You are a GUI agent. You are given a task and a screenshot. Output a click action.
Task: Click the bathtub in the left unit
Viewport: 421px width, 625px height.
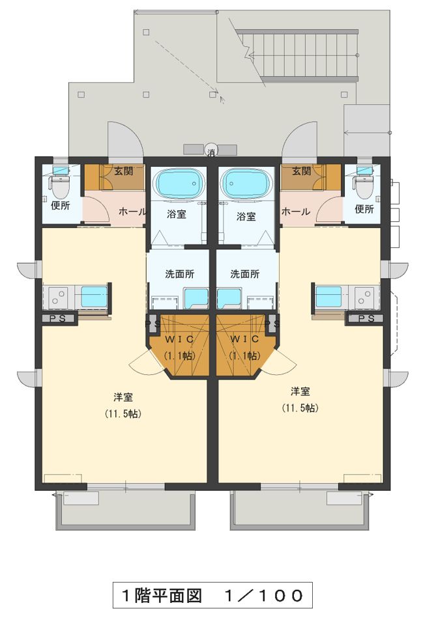pos(179,183)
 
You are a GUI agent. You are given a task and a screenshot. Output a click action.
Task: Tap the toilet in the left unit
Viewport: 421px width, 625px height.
pos(60,184)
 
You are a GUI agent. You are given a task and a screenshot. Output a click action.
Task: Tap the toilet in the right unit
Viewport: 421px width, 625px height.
pos(364,184)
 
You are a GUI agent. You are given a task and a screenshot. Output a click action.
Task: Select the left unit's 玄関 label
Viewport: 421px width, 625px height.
pos(124,171)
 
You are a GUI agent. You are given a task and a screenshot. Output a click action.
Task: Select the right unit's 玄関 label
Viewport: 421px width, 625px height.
pos(301,171)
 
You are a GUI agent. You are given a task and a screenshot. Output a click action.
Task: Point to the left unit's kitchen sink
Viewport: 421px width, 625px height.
pos(94,297)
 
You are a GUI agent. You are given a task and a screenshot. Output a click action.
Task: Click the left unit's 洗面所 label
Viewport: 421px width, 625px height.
pos(180,274)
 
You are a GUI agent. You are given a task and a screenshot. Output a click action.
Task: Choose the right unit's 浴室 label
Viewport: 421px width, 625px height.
pos(246,216)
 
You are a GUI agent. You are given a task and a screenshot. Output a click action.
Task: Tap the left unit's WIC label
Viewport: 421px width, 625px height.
pos(180,339)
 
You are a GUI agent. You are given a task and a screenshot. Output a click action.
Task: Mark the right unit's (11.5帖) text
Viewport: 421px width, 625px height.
pos(300,408)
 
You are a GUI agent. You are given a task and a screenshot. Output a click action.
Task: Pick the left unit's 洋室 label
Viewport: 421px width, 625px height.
pos(123,397)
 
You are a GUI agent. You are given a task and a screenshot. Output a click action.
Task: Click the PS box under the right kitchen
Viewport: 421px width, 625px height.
pos(366,318)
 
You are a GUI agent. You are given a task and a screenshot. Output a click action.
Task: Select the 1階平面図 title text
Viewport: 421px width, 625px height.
pos(162,596)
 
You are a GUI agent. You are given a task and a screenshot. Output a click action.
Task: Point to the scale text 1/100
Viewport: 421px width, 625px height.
pos(264,596)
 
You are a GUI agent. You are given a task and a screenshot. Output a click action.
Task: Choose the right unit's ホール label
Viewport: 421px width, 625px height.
pos(296,212)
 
